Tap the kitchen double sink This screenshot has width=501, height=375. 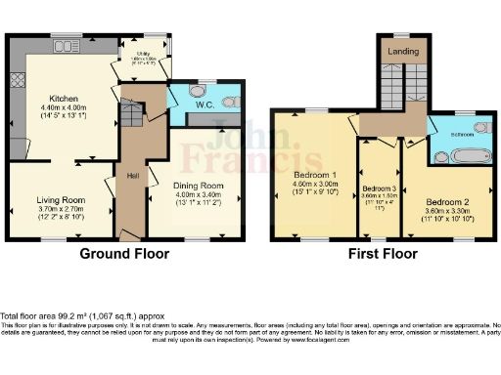68,45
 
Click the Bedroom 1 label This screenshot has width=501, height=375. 315,177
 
